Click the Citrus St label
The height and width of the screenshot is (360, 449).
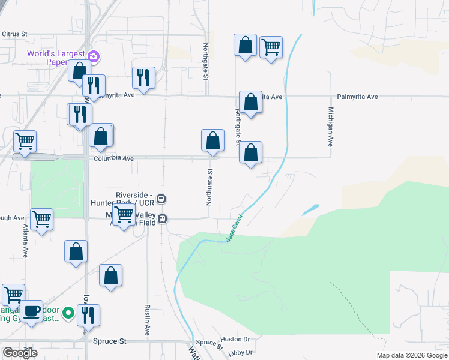[x=15, y=34]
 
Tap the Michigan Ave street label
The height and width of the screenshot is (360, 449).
[x=330, y=127]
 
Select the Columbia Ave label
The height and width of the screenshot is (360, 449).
[x=113, y=158]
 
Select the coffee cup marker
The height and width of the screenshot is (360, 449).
[x=31, y=311]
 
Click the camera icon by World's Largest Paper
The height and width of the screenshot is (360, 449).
[x=94, y=56]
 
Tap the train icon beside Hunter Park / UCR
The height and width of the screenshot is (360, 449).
[x=161, y=199]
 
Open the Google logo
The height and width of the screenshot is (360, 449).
[x=20, y=353]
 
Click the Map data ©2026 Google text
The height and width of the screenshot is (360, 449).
[x=412, y=355]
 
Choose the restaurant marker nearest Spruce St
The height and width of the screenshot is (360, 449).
[x=88, y=315]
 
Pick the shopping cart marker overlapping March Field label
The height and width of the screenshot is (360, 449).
[x=124, y=214]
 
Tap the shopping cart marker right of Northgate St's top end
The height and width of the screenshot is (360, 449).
[x=271, y=46]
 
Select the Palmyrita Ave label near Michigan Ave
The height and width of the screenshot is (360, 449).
[x=357, y=97]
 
